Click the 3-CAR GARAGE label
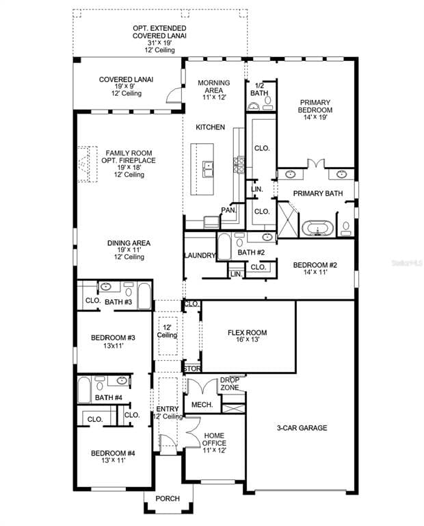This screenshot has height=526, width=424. click(x=302, y=427)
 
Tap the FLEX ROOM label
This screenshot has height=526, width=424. click(x=247, y=332)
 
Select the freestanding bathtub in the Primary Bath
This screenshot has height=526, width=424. click(x=317, y=229)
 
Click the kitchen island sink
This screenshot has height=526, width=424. click(x=208, y=168)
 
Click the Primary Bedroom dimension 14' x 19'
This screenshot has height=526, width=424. click(x=315, y=117)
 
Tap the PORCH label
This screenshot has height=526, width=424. click(x=168, y=499)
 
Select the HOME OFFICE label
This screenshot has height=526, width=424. click(x=214, y=439)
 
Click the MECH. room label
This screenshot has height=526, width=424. click(x=202, y=405)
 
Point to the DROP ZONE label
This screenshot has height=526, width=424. click(x=230, y=384)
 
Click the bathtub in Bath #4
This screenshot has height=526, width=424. click(x=84, y=390)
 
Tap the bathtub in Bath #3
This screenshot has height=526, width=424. click(x=145, y=296)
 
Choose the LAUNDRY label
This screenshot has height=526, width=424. click(x=200, y=255)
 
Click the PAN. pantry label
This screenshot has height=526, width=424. click(x=228, y=210)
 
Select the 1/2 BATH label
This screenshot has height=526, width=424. click(x=259, y=89)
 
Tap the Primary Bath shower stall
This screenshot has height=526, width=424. click(x=288, y=220)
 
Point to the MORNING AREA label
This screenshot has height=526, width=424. click(x=213, y=86)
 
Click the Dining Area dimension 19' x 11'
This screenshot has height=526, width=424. click(x=129, y=250)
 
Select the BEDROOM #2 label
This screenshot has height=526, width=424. click(x=315, y=265)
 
